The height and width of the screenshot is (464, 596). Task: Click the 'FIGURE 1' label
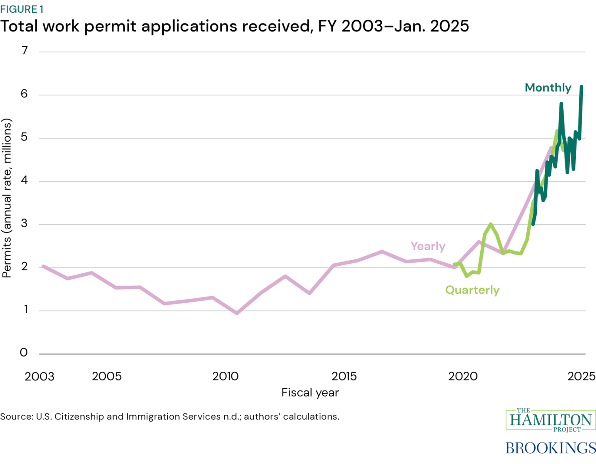click(22, 9)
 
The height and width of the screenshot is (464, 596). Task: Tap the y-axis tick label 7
click(25, 51)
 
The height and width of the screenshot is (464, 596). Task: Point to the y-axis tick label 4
click(25, 180)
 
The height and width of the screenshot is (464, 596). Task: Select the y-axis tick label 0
click(24, 353)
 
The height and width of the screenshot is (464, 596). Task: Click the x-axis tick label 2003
click(39, 376)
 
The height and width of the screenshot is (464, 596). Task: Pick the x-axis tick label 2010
click(225, 376)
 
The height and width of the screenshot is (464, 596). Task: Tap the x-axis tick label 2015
click(344, 376)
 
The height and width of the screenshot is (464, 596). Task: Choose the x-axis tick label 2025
click(581, 376)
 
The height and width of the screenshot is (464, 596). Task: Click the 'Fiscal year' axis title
click(310, 393)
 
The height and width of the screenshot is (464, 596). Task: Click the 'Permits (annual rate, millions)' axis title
click(7, 198)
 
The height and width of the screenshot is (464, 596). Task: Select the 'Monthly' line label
click(548, 88)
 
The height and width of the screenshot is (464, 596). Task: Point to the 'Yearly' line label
click(428, 246)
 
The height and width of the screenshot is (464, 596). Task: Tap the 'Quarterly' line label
click(472, 290)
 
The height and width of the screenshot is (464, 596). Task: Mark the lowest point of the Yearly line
click(237, 313)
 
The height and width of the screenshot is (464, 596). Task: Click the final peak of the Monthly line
click(581, 86)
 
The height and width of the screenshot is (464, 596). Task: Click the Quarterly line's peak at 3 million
click(491, 224)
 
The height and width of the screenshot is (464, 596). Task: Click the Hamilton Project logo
click(551, 420)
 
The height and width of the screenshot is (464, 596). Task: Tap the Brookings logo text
click(551, 448)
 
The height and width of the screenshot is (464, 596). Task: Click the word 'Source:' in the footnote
click(17, 417)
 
